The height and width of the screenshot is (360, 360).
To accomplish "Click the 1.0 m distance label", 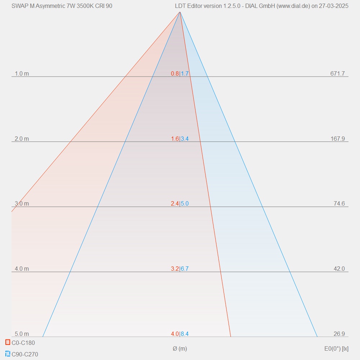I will pyautogui.click(x=22, y=74).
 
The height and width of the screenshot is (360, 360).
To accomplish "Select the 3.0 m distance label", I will pyautogui.click(x=22, y=204).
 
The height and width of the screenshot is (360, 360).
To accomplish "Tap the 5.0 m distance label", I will pyautogui.click(x=22, y=334).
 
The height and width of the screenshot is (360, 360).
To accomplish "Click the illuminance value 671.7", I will pyautogui.click(x=337, y=74).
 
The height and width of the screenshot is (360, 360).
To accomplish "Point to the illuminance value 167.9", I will pyautogui.click(x=337, y=139).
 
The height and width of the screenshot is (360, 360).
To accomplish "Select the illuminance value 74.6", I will pyautogui.click(x=339, y=204).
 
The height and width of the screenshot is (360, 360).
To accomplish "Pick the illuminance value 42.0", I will pyautogui.click(x=339, y=269).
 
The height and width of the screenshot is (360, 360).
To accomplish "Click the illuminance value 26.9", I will pyautogui.click(x=339, y=334).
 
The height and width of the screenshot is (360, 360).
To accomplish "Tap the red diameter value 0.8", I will pyautogui.click(x=175, y=74).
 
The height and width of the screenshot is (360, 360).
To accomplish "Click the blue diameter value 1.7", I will pyautogui.click(x=185, y=74).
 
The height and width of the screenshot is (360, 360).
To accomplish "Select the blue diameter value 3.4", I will pyautogui.click(x=185, y=139).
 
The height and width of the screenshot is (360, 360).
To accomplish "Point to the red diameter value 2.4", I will pyautogui.click(x=175, y=204).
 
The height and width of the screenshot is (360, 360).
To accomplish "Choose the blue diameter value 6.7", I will pyautogui.click(x=185, y=269).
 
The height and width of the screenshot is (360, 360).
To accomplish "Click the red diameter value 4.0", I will pyautogui.click(x=175, y=334).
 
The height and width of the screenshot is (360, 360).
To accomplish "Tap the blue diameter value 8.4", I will pyautogui.click(x=185, y=334).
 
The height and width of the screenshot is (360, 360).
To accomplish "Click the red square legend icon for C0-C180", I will pyautogui.click(x=8, y=342).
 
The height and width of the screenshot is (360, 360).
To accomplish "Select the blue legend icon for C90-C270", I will pyautogui.click(x=8, y=354).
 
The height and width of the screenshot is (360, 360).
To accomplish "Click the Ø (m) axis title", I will pyautogui.click(x=180, y=348).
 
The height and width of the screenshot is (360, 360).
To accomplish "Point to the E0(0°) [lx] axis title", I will pyautogui.click(x=336, y=348).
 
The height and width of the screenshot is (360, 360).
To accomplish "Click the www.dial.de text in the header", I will pyautogui.click(x=293, y=6).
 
